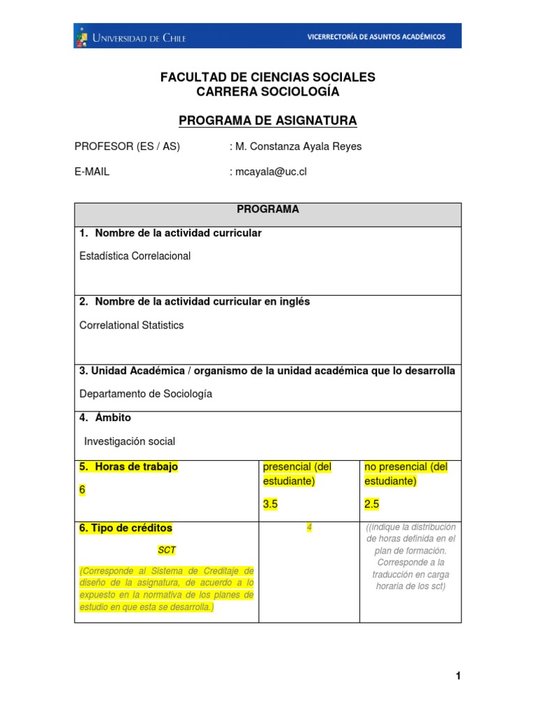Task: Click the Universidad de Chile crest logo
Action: pos(82,37)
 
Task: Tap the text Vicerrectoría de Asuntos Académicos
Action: pos(376,37)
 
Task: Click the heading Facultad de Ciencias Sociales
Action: pos(268,77)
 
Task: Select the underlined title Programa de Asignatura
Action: pos(268,121)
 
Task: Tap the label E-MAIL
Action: pos(92,172)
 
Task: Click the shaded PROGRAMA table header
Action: pos(268,209)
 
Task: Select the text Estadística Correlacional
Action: pos(135,256)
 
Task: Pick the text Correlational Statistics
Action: pos(132,325)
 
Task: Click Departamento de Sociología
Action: pos(146,394)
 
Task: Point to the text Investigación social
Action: pos(129,441)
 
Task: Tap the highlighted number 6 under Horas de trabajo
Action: pos(82,490)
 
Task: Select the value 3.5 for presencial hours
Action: pos(271,504)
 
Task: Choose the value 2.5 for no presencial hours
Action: pos(373,504)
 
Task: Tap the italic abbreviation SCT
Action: pos(167,550)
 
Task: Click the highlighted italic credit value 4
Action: pos(309,528)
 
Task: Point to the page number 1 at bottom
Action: pos(458,676)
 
